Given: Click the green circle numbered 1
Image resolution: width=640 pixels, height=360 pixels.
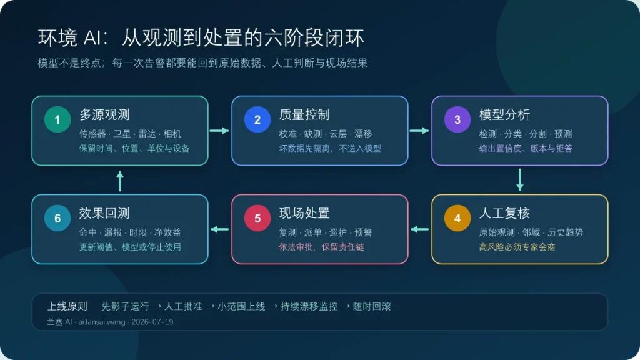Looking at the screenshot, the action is pos(57,119).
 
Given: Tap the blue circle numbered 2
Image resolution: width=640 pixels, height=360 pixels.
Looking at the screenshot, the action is pos(257,119).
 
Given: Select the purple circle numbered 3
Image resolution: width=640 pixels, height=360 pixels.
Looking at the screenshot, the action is pos(457,119).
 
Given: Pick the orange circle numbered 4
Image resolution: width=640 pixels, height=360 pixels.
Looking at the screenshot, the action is pos(457,218).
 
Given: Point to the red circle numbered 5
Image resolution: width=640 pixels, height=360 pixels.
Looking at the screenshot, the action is pos(257,218).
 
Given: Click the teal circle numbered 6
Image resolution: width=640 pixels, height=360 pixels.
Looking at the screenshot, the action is pos(57,218).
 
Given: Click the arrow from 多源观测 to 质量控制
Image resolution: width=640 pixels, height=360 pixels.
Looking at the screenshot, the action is pos(219,131).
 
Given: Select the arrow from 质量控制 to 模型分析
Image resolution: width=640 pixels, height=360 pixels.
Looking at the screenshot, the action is pos(419,131).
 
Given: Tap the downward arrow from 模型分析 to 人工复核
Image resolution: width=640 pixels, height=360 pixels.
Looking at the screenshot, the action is pos(519,179).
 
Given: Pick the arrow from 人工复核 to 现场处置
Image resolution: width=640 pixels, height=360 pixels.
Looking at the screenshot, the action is pos(419,229).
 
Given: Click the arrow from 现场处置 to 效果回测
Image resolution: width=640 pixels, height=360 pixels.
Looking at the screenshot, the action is pos(219,229).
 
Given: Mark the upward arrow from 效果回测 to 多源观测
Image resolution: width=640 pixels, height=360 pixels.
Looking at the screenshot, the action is pos(120,181).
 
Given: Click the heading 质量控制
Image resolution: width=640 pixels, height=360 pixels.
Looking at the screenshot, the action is pos(304,115).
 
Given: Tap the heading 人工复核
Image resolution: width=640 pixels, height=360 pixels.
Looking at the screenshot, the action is pos(504,213).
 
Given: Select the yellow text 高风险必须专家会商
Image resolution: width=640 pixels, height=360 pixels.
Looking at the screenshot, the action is pos(517,247).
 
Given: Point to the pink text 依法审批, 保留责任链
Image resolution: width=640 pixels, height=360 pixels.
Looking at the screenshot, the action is pos(321,247).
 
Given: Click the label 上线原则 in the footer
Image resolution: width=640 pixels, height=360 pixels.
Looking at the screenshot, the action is pos(67,306).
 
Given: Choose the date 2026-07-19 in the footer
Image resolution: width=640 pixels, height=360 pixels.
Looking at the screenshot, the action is pos(152,322).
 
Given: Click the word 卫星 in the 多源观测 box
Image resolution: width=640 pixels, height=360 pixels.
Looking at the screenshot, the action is pos(122,134).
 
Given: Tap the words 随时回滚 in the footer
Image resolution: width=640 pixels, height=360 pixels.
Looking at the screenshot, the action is pos(372,306).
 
